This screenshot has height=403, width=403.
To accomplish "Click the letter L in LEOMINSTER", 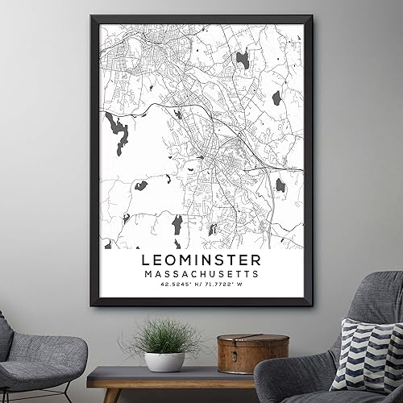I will pos(146,260).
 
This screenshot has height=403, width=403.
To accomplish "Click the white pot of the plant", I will pos(164,360).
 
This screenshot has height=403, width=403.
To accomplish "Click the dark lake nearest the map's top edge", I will pos(242,58).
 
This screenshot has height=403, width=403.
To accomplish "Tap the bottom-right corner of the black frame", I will pos(310,305).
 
